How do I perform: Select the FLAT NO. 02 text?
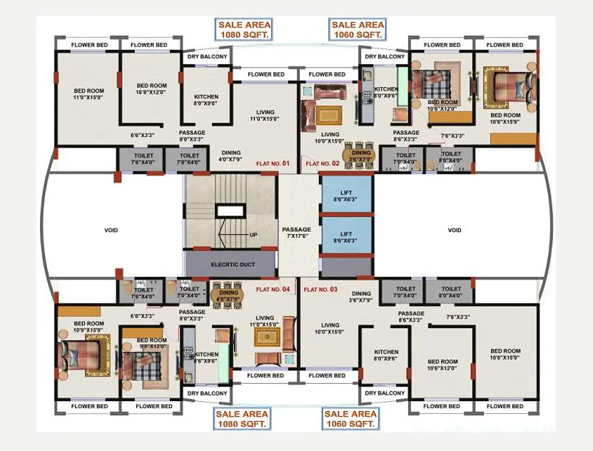pos(323,164)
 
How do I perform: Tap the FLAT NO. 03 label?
pos(320,290)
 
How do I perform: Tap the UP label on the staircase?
pos(253,234)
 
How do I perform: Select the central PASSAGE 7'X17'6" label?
pos(298,233)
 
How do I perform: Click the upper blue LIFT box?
pos(346,195)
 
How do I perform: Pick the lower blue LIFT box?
pos(346,237)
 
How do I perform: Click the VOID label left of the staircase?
pos(111,230)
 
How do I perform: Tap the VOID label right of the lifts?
pos(455,230)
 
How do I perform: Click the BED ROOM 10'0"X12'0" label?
pos(151,88)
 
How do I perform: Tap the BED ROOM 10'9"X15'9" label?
pos(88,327)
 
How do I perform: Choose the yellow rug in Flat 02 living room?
pos(330,115)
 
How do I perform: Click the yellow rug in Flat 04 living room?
pos(268,336)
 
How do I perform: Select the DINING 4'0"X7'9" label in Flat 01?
pos(230,156)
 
